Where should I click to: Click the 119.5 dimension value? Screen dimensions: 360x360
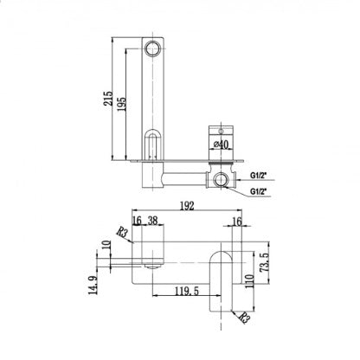click(185, 292)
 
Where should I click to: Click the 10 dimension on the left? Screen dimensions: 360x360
click(106, 245)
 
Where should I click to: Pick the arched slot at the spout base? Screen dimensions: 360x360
click(153, 145)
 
